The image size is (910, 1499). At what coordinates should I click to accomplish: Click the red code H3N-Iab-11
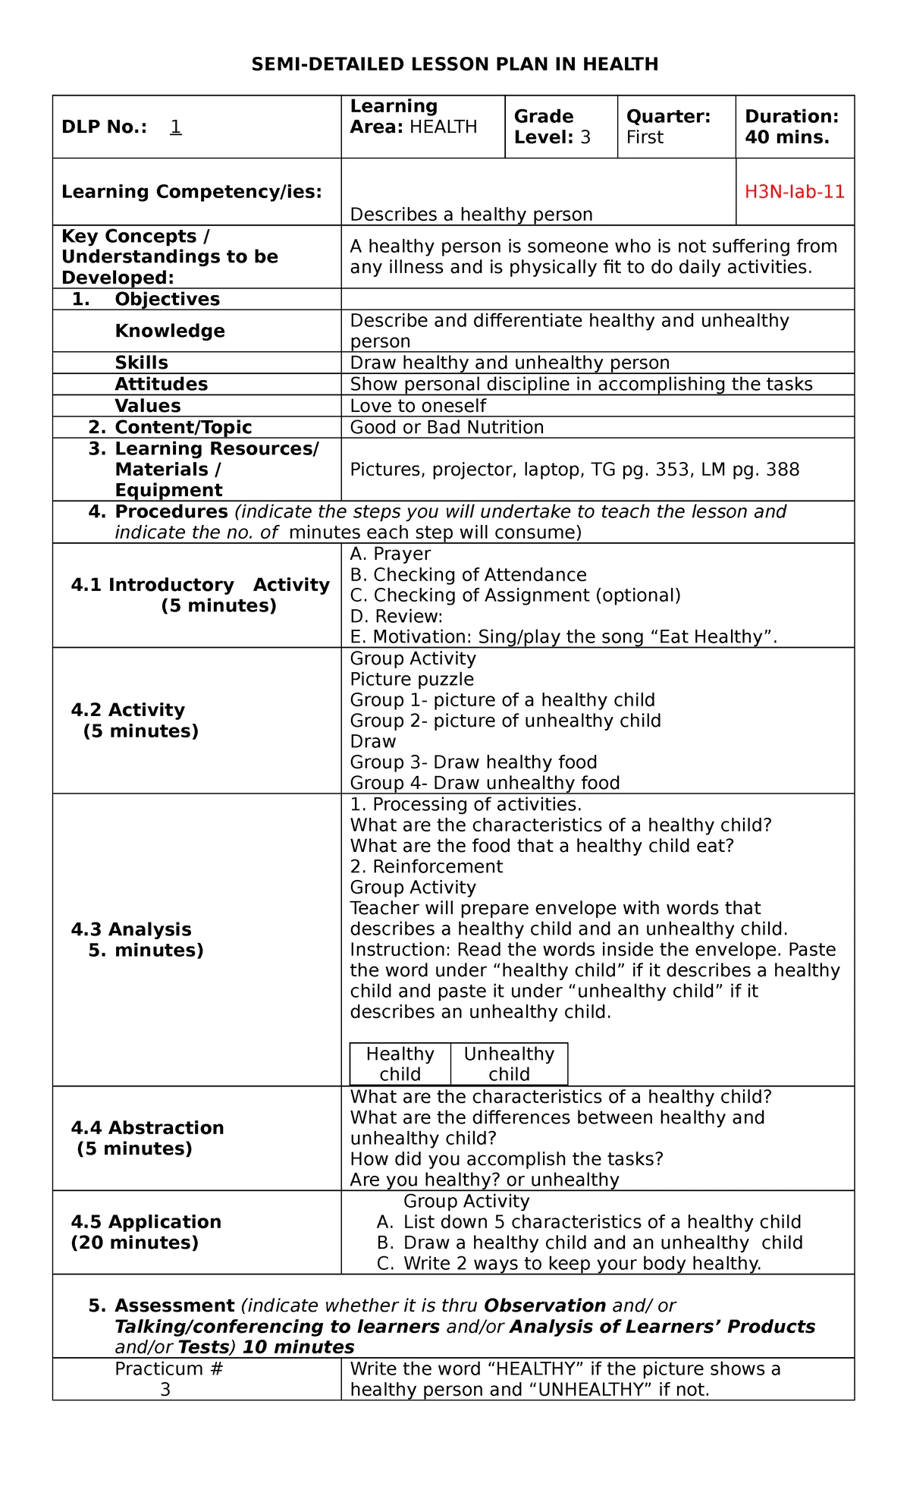[794, 192]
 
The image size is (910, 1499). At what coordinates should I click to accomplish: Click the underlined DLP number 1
[175, 127]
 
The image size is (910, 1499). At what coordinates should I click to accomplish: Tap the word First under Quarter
[644, 137]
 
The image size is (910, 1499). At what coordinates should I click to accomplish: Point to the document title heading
[454, 64]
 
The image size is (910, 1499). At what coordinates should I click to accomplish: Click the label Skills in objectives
[141, 363]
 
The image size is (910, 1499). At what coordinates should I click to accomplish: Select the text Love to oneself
[418, 406]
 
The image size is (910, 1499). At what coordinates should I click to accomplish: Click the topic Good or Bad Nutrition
[447, 427]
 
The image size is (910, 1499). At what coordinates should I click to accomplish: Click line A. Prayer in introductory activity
[390, 554]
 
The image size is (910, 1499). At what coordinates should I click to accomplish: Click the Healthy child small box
[400, 1064]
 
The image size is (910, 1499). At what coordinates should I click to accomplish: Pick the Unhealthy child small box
[509, 1064]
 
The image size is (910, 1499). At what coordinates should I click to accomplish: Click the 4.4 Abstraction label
[147, 1128]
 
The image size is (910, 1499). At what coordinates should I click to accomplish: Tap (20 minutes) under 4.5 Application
[135, 1243]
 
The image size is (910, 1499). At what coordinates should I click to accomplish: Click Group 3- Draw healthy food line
[473, 762]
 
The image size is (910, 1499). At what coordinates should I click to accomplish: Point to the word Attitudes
[161, 384]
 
